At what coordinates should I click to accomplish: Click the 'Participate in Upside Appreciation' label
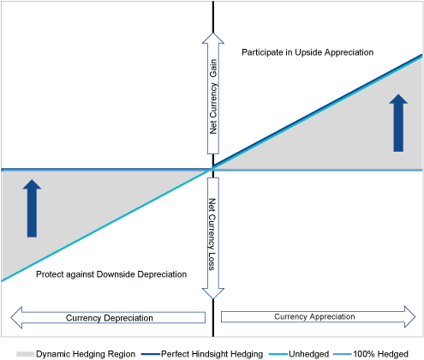308,52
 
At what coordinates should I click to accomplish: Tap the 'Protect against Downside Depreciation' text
111,274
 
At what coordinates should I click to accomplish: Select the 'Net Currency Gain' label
213,97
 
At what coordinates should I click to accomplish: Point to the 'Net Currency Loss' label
212,234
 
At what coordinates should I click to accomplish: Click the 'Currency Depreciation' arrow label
110,318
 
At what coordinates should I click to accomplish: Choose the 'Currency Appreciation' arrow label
314,316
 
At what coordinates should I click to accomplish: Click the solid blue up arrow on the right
398,123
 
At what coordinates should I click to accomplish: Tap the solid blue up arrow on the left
32,208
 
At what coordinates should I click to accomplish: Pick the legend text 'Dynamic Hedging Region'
86,354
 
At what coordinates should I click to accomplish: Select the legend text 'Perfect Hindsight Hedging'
212,354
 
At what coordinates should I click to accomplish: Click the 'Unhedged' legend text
309,354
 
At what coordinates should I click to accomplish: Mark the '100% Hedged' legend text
380,354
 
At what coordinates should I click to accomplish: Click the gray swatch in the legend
25,354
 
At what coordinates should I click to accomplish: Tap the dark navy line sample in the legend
151,354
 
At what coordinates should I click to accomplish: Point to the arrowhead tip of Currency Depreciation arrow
11,317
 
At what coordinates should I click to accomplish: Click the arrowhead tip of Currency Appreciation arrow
415,316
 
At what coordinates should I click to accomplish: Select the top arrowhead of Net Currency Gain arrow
213,33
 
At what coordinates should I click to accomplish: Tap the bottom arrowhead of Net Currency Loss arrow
213,298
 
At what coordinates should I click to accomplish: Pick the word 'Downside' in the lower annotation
116,274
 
